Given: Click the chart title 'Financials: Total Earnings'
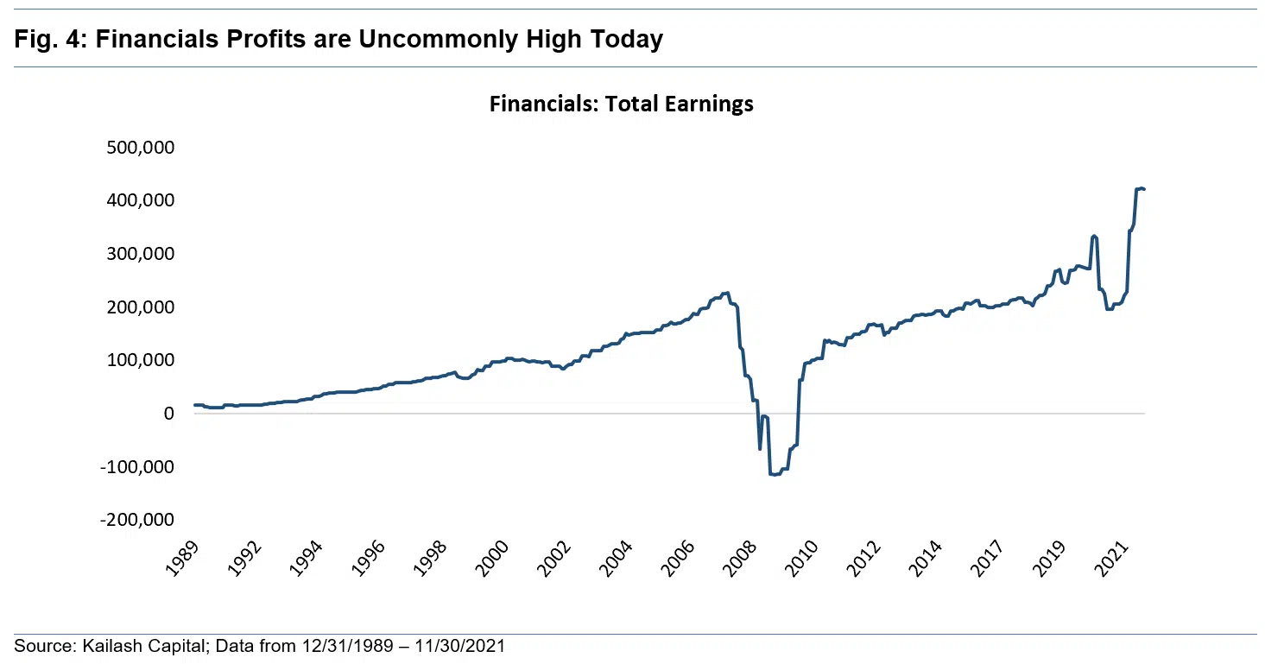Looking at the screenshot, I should tap(621, 104).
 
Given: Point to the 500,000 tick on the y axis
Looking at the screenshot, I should tap(142, 147).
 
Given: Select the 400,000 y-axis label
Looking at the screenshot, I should tap(142, 200).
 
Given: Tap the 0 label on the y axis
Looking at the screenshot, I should tap(168, 414).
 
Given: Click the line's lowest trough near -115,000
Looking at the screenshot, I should tap(775, 474).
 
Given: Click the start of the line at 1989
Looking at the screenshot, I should tap(195, 405).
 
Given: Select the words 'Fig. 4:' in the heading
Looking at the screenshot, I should tap(48, 39).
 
